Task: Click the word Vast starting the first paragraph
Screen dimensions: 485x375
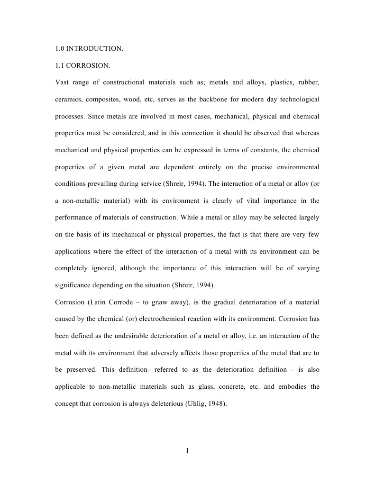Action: click(x=63, y=82)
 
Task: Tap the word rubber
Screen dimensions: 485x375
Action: click(x=309, y=82)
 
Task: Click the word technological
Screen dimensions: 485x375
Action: click(x=300, y=100)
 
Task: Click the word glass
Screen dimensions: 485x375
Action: click(x=206, y=387)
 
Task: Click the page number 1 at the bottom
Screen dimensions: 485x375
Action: click(x=187, y=450)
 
